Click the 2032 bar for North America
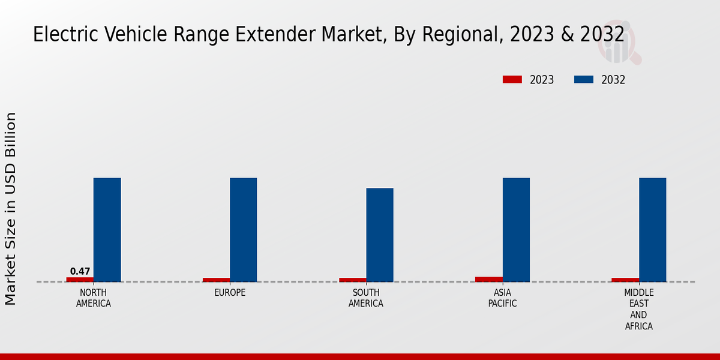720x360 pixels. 107,230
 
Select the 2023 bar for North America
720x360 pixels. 80,280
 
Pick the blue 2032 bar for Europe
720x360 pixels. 243,230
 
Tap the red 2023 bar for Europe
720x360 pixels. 216,280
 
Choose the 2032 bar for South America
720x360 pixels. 380,235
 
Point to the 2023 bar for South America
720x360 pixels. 353,280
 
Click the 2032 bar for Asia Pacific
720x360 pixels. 516,230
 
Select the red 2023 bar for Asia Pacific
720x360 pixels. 489,279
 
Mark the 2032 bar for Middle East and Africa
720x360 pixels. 652,230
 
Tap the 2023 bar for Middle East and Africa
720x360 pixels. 625,280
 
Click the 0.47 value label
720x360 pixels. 80,271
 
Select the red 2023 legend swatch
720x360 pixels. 512,80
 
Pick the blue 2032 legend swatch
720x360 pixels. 584,80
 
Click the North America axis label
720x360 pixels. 94,298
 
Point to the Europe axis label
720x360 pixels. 230,293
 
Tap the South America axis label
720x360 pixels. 366,298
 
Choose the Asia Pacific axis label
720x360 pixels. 502,298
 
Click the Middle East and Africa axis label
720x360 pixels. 638,310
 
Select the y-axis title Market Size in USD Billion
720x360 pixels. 11,209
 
